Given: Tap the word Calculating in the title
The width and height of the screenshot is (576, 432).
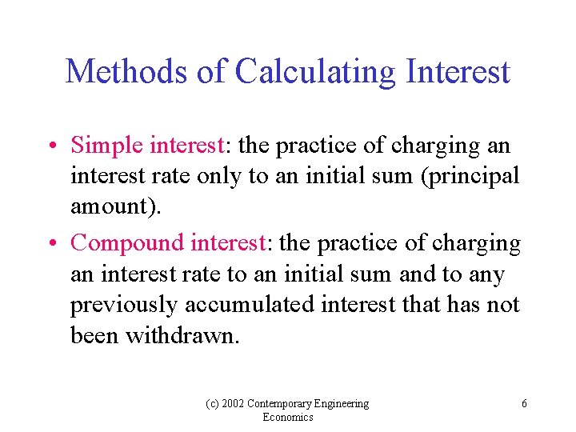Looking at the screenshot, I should tap(316, 72).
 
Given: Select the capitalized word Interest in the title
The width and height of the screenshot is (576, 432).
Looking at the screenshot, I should tap(458, 72).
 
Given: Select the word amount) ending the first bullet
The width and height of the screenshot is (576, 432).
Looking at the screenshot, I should tap(115, 206).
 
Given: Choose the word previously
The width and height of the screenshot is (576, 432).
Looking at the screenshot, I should tap(124, 306).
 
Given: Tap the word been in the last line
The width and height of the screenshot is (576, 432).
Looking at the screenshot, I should tap(92, 335).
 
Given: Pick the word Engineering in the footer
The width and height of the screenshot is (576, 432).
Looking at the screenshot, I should tap(345, 404).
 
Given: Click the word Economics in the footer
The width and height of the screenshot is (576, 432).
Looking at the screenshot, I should tap(288, 418).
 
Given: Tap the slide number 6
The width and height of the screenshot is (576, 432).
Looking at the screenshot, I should tap(524, 404).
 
